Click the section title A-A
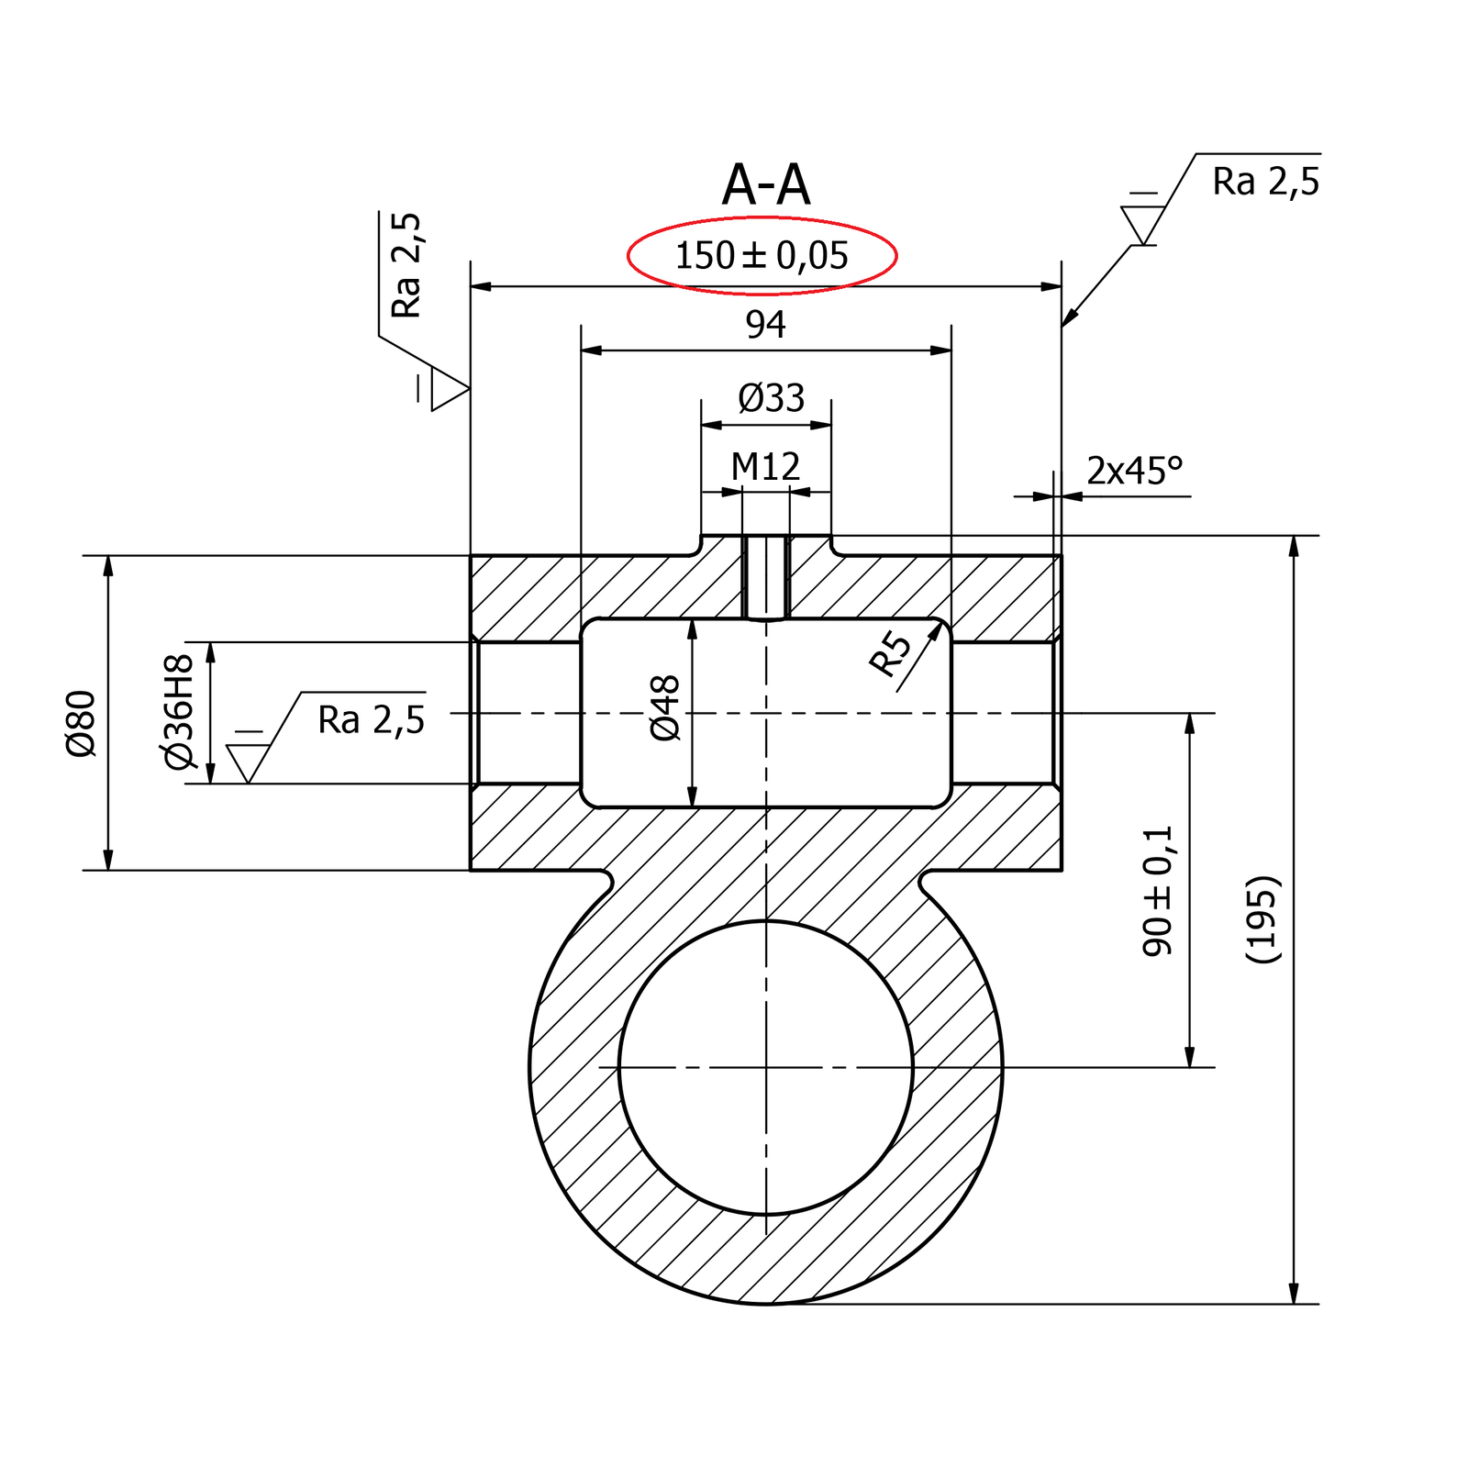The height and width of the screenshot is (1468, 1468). click(766, 184)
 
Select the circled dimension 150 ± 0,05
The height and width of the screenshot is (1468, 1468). click(762, 255)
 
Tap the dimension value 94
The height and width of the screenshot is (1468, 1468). click(765, 325)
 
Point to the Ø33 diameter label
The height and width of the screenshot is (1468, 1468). click(771, 398)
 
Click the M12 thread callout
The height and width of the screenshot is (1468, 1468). click(765, 467)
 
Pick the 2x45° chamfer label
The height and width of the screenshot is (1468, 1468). click(1135, 471)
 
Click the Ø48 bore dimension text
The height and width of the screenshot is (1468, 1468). click(665, 707)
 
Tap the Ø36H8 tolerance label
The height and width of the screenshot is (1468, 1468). click(178, 712)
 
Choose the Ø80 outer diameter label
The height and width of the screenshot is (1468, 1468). click(81, 723)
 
